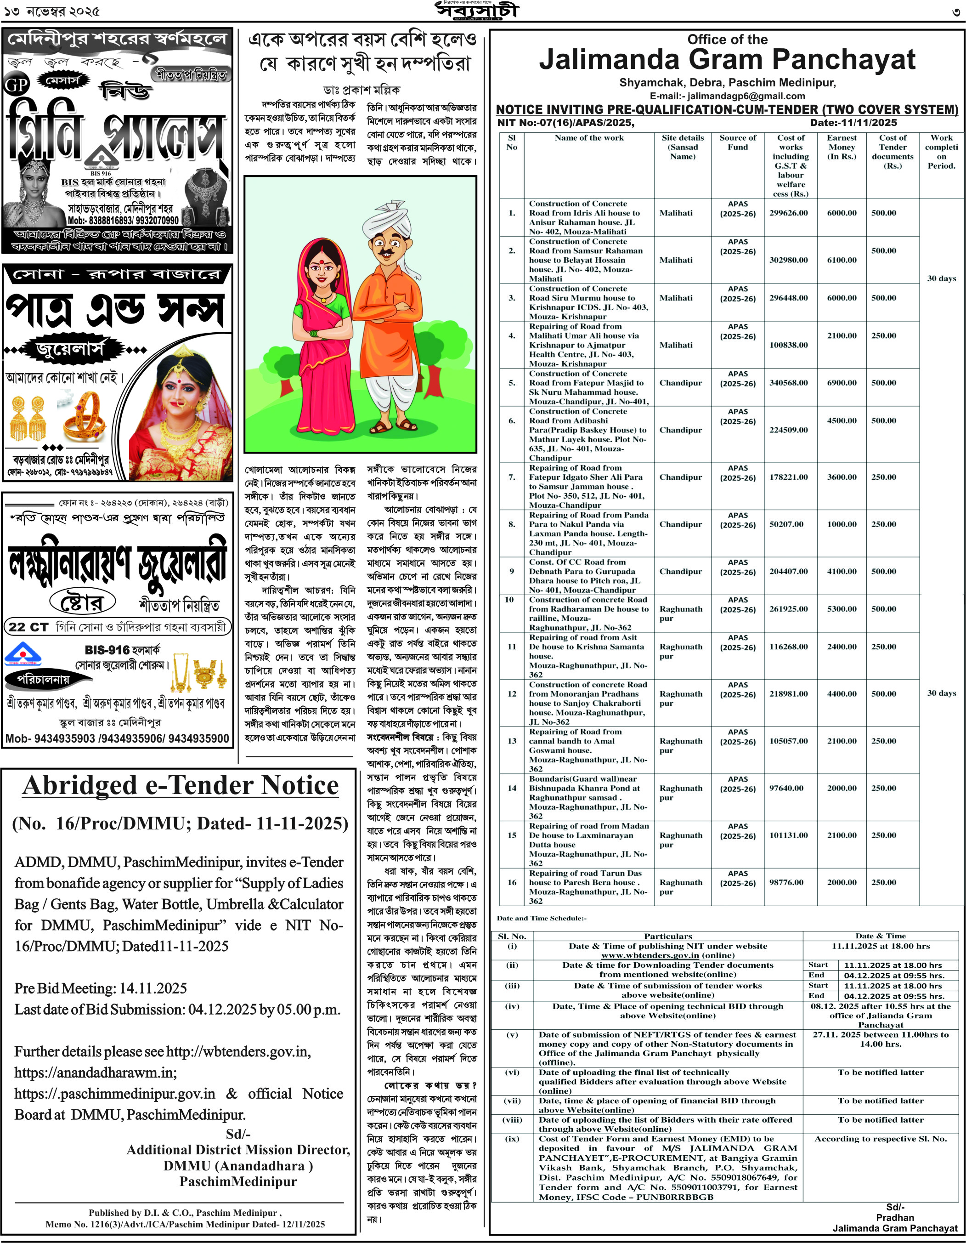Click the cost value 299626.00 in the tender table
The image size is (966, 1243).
[x=789, y=213]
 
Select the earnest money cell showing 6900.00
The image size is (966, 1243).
[x=842, y=383]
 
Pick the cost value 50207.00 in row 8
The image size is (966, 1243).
[x=786, y=524]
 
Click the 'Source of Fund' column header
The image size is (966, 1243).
[x=738, y=142]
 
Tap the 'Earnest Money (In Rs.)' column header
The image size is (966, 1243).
[x=842, y=147]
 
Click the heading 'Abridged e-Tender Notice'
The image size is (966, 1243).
[x=181, y=785]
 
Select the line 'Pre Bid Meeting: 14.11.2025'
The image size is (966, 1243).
[x=101, y=988]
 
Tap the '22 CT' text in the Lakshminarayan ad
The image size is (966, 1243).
[x=28, y=627]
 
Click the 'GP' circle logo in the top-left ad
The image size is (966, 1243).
[x=17, y=85]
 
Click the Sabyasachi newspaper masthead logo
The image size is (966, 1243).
[x=477, y=11]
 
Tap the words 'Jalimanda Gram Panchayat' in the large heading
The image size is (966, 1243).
[x=727, y=60]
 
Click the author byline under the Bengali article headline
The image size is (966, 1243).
[x=361, y=90]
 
